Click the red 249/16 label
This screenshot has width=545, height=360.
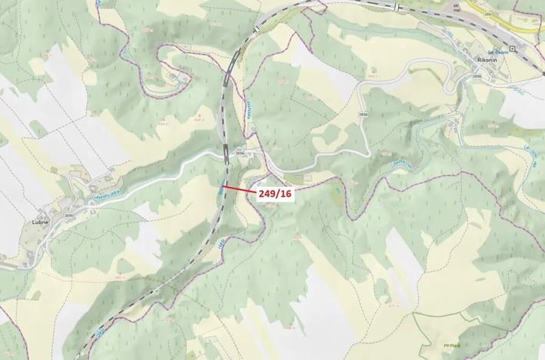coord(274,193)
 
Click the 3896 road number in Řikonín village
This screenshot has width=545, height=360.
coord(477,76)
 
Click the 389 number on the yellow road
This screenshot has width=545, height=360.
coord(487,15)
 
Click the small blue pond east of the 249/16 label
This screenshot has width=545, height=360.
coord(336,187)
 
